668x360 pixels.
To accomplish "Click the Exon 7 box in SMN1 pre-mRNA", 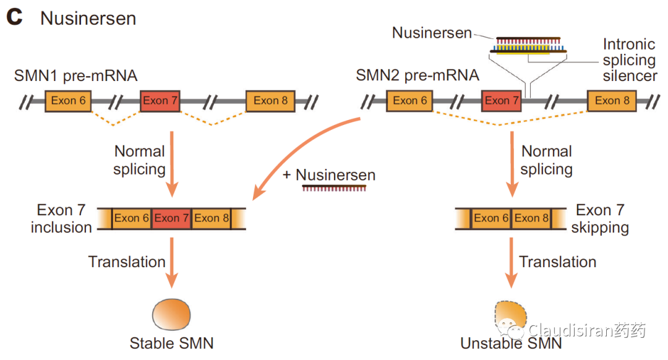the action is (x=160, y=101).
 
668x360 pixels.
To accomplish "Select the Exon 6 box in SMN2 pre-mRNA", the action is (x=409, y=101).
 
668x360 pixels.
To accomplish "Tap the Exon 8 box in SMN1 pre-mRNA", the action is (x=270, y=101).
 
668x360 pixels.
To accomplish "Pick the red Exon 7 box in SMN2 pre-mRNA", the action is (x=502, y=101).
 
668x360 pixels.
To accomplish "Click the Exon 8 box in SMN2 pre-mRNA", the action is (x=612, y=101).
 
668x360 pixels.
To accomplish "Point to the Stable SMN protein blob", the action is (x=171, y=314).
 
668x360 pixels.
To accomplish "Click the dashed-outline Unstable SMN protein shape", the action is (x=510, y=317).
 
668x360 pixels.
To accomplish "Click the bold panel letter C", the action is (x=14, y=17).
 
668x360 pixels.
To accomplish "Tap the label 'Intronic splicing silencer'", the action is (x=630, y=60).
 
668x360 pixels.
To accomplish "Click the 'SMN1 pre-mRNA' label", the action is (x=75, y=76).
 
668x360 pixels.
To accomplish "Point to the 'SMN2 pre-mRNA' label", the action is (x=417, y=75).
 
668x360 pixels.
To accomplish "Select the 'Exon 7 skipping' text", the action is (x=600, y=218).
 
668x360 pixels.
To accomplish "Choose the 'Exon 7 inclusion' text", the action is (x=61, y=218).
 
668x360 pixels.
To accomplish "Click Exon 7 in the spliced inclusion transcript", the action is (x=171, y=218).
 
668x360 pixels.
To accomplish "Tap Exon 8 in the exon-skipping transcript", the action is (x=531, y=218).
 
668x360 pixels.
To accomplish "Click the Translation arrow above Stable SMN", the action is (x=172, y=262).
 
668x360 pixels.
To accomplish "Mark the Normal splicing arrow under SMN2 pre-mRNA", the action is (x=512, y=165).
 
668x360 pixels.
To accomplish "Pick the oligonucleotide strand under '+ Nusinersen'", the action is (x=334, y=188).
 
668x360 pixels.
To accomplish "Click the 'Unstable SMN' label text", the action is (x=512, y=343).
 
